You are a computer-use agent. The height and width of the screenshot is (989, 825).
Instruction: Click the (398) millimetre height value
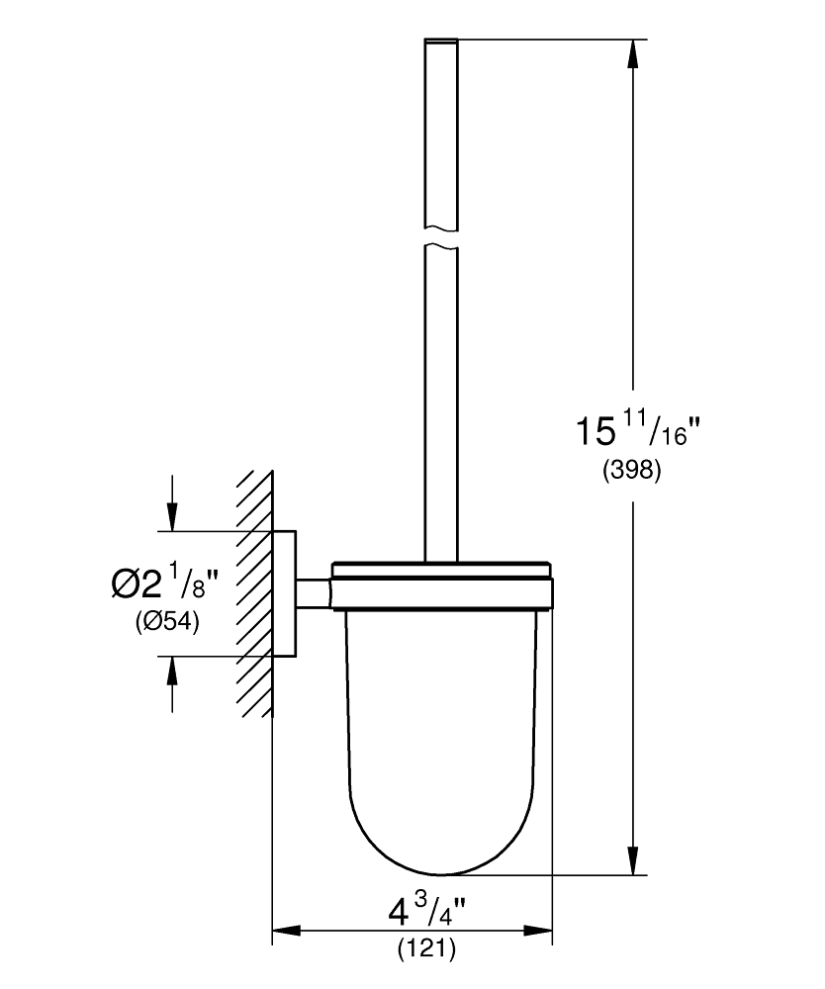pyautogui.click(x=632, y=470)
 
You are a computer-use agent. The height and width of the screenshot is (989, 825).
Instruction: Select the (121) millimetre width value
pyautogui.click(x=426, y=948)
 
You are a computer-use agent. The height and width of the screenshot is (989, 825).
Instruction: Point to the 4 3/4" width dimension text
pyautogui.click(x=426, y=911)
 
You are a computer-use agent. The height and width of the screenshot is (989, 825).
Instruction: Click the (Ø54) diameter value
pyautogui.click(x=167, y=623)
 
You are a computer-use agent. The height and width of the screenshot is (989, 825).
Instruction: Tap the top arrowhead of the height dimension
pyautogui.click(x=633, y=54)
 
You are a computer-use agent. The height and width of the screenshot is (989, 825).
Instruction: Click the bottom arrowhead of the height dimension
pyautogui.click(x=633, y=860)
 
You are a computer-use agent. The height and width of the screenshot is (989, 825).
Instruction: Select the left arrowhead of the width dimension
pyautogui.click(x=286, y=931)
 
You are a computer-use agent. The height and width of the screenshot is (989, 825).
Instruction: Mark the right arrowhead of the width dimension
pyautogui.click(x=538, y=931)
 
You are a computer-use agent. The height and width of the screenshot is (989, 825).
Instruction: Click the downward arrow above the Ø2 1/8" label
pyautogui.click(x=172, y=503)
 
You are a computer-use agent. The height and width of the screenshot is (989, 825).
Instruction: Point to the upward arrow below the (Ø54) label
pyautogui.click(x=172, y=684)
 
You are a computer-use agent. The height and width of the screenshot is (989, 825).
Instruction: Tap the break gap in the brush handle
pyautogui.click(x=441, y=237)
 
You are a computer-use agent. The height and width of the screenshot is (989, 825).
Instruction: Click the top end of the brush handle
pyautogui.click(x=441, y=40)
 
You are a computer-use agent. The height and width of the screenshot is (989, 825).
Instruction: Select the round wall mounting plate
pyautogui.click(x=285, y=593)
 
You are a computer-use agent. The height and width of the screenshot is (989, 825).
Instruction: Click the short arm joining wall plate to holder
pyautogui.click(x=315, y=594)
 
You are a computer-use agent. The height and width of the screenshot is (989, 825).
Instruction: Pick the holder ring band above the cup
pyautogui.click(x=442, y=594)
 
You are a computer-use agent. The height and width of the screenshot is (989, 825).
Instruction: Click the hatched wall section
pyautogui.click(x=255, y=593)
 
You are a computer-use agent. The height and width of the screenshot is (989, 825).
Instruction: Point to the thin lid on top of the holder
pyautogui.click(x=442, y=570)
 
